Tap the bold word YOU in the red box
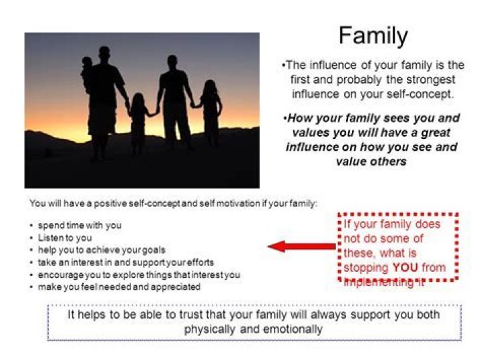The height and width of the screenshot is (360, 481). click(x=406, y=268)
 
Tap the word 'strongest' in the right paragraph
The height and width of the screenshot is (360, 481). click(x=426, y=79)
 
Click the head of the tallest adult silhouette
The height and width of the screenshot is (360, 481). click(x=104, y=53)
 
